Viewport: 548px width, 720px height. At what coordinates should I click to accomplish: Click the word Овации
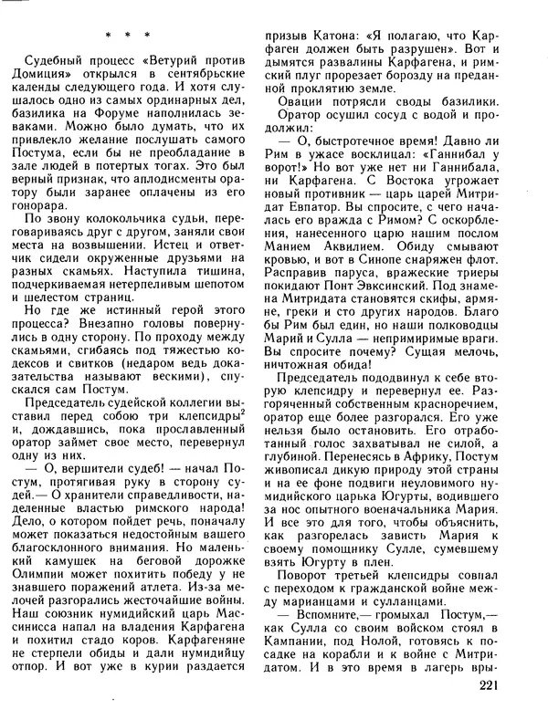[x=321, y=105]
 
